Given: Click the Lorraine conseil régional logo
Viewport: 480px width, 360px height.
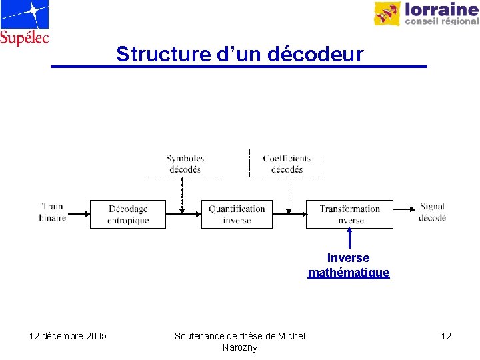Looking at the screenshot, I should [x=426, y=13].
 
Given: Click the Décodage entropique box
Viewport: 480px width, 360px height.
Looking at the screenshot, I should [x=128, y=214].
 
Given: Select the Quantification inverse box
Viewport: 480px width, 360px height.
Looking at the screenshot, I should [x=237, y=214].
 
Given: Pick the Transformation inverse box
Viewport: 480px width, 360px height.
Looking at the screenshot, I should [x=349, y=214].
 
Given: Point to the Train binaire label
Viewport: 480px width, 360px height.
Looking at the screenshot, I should [x=53, y=213].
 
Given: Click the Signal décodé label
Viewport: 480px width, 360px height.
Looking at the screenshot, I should [x=432, y=212].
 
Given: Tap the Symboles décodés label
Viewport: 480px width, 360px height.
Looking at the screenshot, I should [x=185, y=164].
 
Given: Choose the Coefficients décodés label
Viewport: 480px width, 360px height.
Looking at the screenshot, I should [x=287, y=164].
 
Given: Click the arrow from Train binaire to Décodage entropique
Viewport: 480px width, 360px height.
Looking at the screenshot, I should [x=78, y=214].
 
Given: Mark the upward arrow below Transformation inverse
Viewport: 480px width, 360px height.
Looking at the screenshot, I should [x=349, y=239].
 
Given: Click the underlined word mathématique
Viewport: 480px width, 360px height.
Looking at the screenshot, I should [x=349, y=273].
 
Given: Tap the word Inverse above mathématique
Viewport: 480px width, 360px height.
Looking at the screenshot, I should [x=348, y=258].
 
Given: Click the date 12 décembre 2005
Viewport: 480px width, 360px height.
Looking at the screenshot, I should [x=68, y=336].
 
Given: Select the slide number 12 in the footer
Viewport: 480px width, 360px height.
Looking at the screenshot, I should [x=446, y=336].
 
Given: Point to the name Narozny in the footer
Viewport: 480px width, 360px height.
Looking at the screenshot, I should [x=240, y=347].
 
